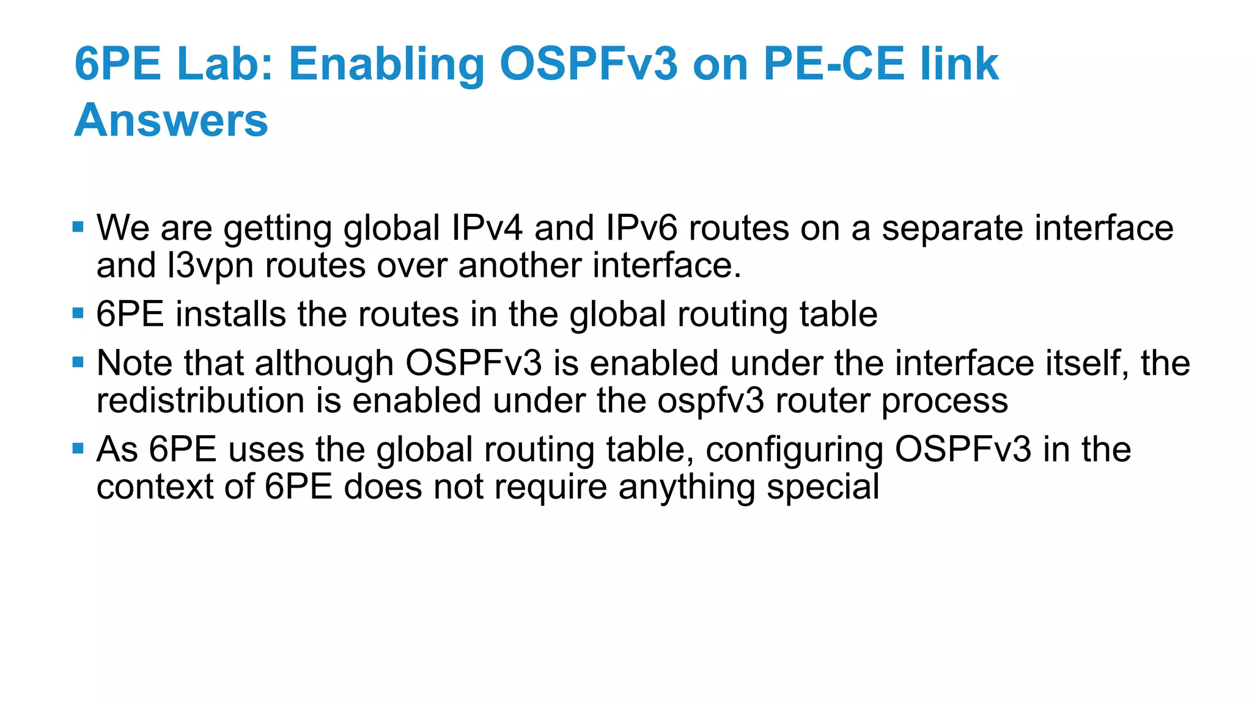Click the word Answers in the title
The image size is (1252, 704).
coord(171,120)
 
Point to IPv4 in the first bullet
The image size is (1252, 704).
coord(487,228)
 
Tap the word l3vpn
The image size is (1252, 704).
coord(210,266)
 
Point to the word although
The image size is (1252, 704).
coord(324,363)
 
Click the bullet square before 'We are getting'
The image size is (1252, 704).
coord(78,227)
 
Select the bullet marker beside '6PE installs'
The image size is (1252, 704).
coord(78,313)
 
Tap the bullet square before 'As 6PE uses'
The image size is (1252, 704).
coord(78,449)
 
